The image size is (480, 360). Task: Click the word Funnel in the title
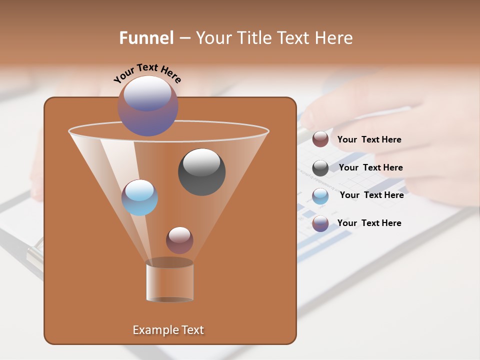(146, 38)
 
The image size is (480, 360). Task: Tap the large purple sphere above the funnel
(147, 106)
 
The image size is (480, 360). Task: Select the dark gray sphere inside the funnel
(201, 172)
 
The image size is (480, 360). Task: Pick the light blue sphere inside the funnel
(139, 197)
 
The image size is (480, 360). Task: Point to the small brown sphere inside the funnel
(179, 240)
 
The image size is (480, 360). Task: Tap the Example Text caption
(168, 330)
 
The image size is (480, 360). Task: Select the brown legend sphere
(320, 139)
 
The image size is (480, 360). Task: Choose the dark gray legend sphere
(320, 168)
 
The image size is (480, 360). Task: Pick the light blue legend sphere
(320, 196)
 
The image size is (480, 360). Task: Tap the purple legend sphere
(320, 223)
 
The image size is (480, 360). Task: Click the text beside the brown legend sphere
(369, 140)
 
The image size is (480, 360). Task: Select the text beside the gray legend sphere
(370, 168)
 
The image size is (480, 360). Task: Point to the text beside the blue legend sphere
(371, 195)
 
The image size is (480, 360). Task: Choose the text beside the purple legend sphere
(369, 223)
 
